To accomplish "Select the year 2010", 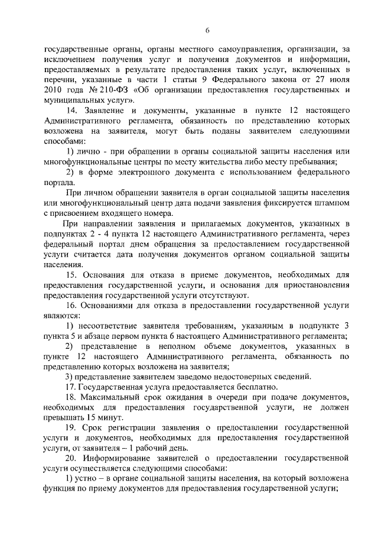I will coord(55,89).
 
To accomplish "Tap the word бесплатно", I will coord(237,387).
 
